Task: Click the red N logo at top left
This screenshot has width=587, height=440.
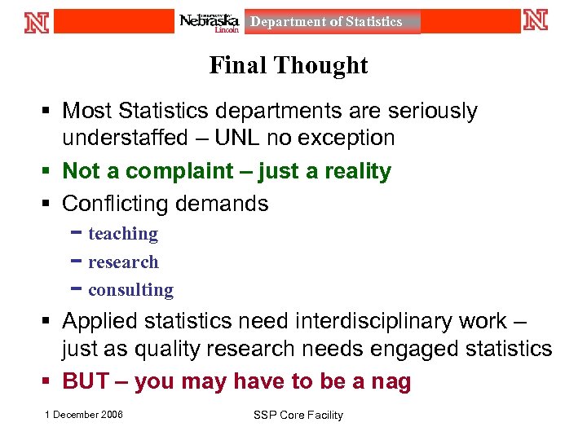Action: click(x=37, y=21)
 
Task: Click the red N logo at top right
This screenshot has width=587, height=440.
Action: click(x=536, y=20)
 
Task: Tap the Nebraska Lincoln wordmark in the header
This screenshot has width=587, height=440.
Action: click(x=210, y=22)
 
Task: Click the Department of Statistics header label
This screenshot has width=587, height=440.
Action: click(x=326, y=22)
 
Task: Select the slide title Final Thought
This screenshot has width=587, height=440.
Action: click(x=289, y=65)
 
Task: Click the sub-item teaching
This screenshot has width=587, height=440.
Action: click(x=123, y=234)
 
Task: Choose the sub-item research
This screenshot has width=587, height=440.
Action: click(x=123, y=262)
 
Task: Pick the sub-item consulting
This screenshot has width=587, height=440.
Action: click(x=130, y=290)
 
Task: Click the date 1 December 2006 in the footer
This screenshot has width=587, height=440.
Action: click(x=84, y=415)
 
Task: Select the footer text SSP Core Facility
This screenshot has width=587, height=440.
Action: click(x=298, y=416)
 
